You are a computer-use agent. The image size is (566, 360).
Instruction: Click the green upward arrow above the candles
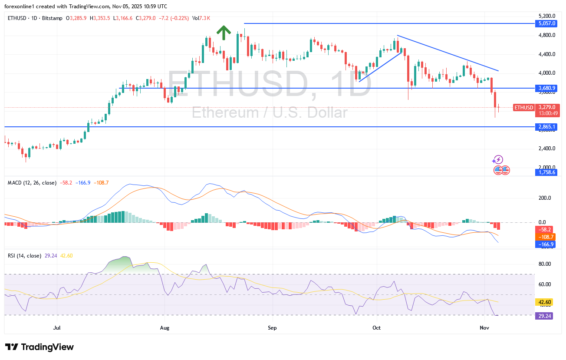(x=223, y=33)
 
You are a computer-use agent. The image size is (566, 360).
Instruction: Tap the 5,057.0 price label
(x=546, y=23)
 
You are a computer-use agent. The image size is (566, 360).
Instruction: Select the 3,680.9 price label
(x=546, y=88)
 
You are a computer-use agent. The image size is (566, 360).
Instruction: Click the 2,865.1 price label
(x=546, y=127)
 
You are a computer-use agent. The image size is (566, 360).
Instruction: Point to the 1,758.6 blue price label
(x=546, y=172)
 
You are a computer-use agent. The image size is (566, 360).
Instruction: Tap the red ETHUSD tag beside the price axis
(x=523, y=107)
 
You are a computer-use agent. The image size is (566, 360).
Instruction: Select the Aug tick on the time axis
(x=164, y=327)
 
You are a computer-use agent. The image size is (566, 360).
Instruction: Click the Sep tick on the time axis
(x=272, y=327)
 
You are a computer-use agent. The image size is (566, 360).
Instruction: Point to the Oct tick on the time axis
(x=376, y=327)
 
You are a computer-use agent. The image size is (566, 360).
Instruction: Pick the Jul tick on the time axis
(x=57, y=327)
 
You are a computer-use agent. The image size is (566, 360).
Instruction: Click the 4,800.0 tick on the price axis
(x=547, y=35)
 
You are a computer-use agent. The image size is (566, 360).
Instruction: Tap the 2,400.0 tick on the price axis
(x=547, y=149)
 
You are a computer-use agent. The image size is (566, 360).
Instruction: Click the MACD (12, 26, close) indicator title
(x=32, y=183)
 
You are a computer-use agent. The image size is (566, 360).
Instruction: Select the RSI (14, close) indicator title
(x=25, y=255)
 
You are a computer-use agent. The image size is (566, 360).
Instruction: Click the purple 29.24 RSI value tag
(x=545, y=316)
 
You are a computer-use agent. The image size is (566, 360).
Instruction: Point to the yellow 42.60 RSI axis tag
(x=545, y=302)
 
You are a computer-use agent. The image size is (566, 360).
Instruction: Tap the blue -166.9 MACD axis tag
(x=546, y=244)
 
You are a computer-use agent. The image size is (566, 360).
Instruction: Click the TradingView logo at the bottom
(x=39, y=347)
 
